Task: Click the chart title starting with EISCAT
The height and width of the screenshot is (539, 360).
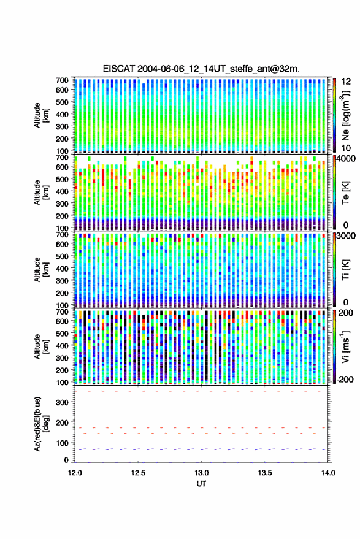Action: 201,69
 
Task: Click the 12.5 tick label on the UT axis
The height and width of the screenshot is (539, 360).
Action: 138,473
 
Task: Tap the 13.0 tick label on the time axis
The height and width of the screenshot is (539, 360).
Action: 202,473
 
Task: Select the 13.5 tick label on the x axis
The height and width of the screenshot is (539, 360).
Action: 265,473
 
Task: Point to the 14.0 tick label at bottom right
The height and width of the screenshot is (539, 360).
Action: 328,473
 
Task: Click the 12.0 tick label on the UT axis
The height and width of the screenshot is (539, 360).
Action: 75,473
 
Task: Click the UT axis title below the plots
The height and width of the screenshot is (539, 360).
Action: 201,484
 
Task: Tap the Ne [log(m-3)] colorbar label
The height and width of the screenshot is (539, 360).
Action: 345,115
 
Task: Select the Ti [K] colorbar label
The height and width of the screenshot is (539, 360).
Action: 345,270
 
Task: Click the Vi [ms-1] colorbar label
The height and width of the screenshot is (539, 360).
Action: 345,346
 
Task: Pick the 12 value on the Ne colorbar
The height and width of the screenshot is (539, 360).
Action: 346,82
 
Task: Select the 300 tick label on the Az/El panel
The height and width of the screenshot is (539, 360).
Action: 62,402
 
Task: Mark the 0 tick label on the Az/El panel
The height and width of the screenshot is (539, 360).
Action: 66,460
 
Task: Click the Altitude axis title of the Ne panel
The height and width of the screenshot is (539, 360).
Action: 42,115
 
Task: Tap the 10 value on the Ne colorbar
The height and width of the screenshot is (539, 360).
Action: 346,148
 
